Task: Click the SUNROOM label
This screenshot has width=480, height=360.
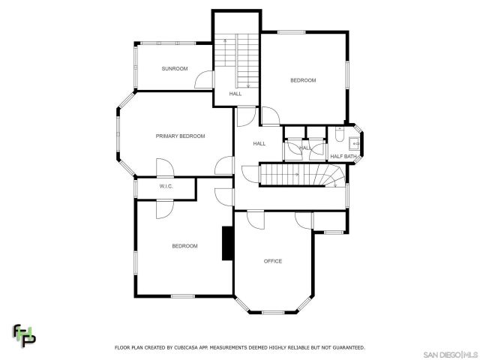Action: click(x=174, y=68)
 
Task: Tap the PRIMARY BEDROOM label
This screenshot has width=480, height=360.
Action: click(x=180, y=136)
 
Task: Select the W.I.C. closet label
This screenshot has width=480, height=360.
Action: click(x=166, y=186)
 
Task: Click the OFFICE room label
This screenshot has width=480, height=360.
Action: click(x=272, y=261)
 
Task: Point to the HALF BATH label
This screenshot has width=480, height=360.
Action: click(x=343, y=156)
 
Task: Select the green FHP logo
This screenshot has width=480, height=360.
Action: click(x=23, y=335)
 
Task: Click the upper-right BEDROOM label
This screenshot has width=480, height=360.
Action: click(x=303, y=80)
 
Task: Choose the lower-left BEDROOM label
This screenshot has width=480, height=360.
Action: click(x=184, y=246)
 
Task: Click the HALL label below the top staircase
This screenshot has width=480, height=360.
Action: click(x=235, y=94)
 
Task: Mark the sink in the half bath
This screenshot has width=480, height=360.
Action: click(x=356, y=140)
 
